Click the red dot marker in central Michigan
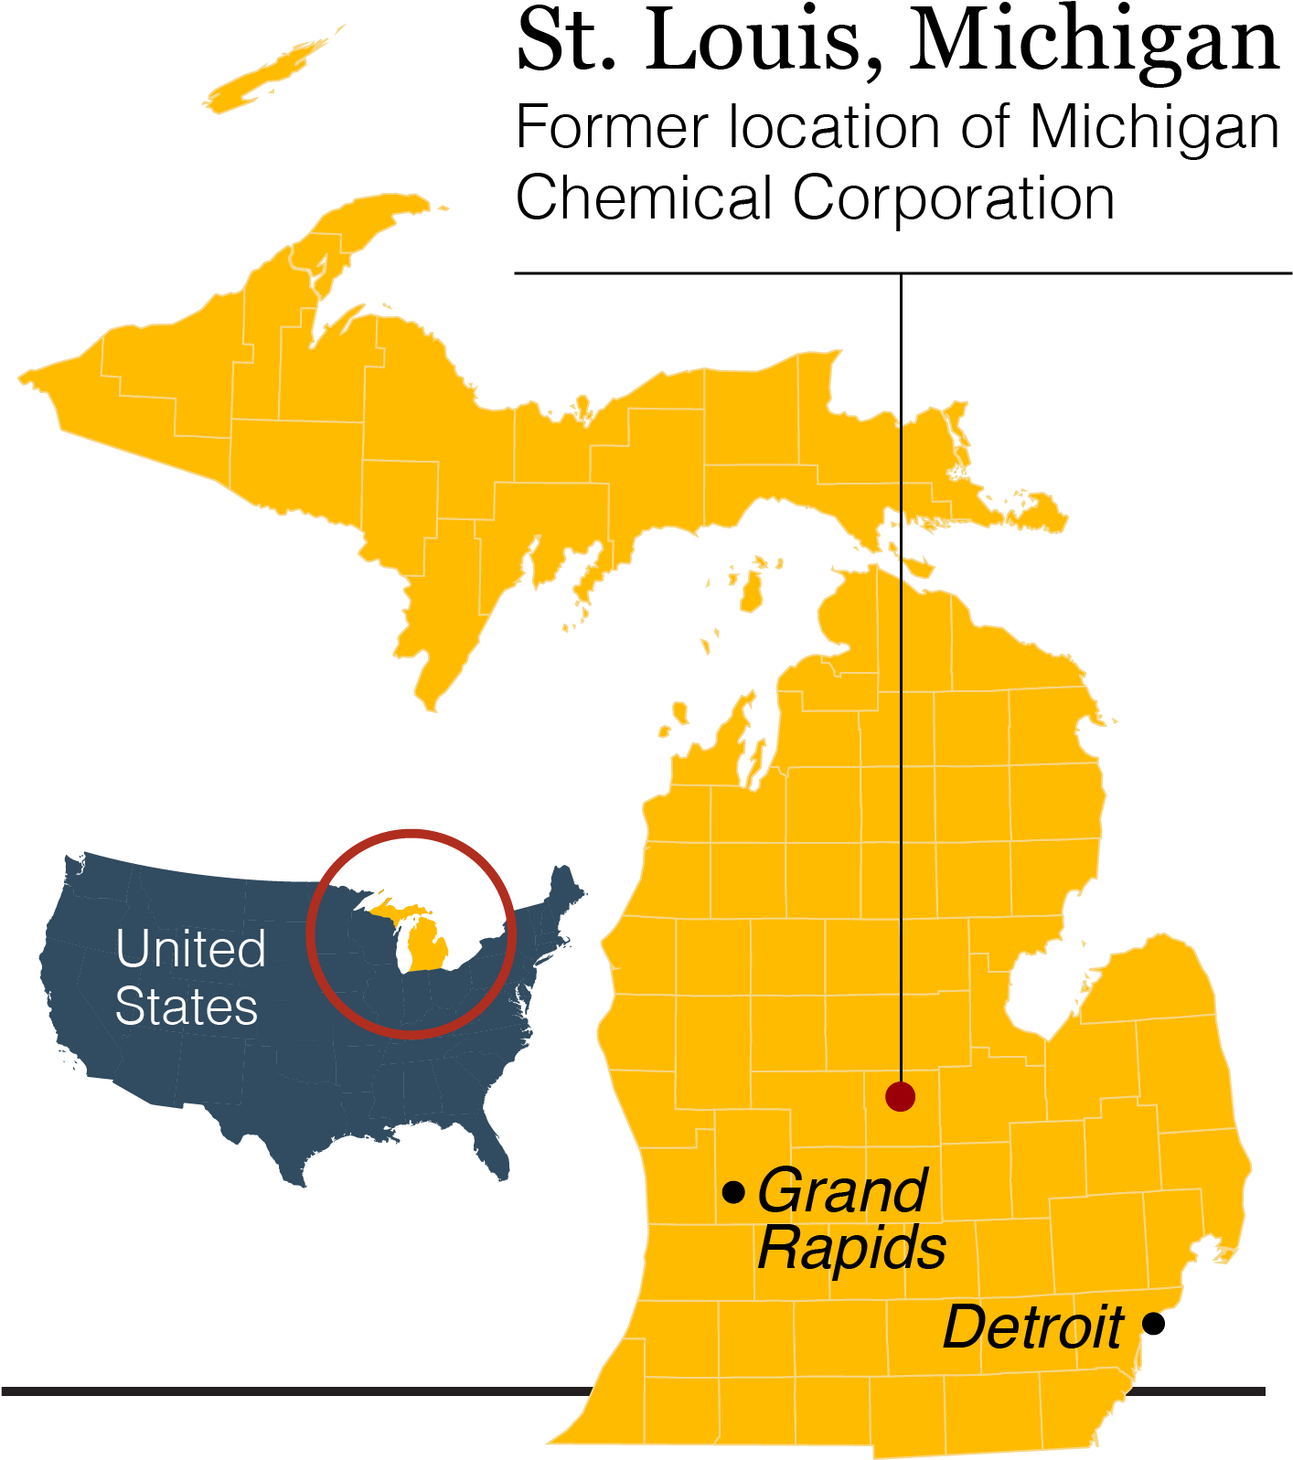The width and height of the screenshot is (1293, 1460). pyautogui.click(x=901, y=1096)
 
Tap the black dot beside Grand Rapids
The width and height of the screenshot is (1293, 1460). pyautogui.click(x=733, y=1192)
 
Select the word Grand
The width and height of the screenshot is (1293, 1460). pyautogui.click(x=842, y=1191)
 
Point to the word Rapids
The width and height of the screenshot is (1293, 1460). pyautogui.click(x=851, y=1248)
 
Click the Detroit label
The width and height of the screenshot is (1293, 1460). pyautogui.click(x=1032, y=1327)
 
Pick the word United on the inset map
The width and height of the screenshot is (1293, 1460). pyautogui.click(x=190, y=949)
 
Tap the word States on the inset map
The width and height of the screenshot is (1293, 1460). pyautogui.click(x=187, y=1007)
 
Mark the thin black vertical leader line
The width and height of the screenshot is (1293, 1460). pyautogui.click(x=901, y=731)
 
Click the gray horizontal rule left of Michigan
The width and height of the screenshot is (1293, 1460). pyautogui.click(x=274, y=1391)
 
